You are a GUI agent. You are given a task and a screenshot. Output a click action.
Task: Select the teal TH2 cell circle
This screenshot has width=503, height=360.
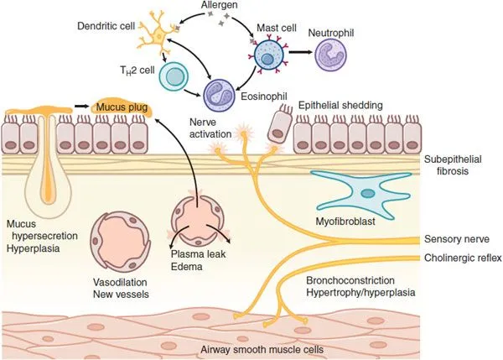[175, 79]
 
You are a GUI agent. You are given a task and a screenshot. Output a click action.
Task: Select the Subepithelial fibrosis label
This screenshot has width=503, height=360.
[452, 165]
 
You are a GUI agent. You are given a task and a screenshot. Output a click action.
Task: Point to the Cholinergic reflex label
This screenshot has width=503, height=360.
[460, 258]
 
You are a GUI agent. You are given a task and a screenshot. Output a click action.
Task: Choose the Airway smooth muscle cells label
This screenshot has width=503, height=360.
[251, 350]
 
